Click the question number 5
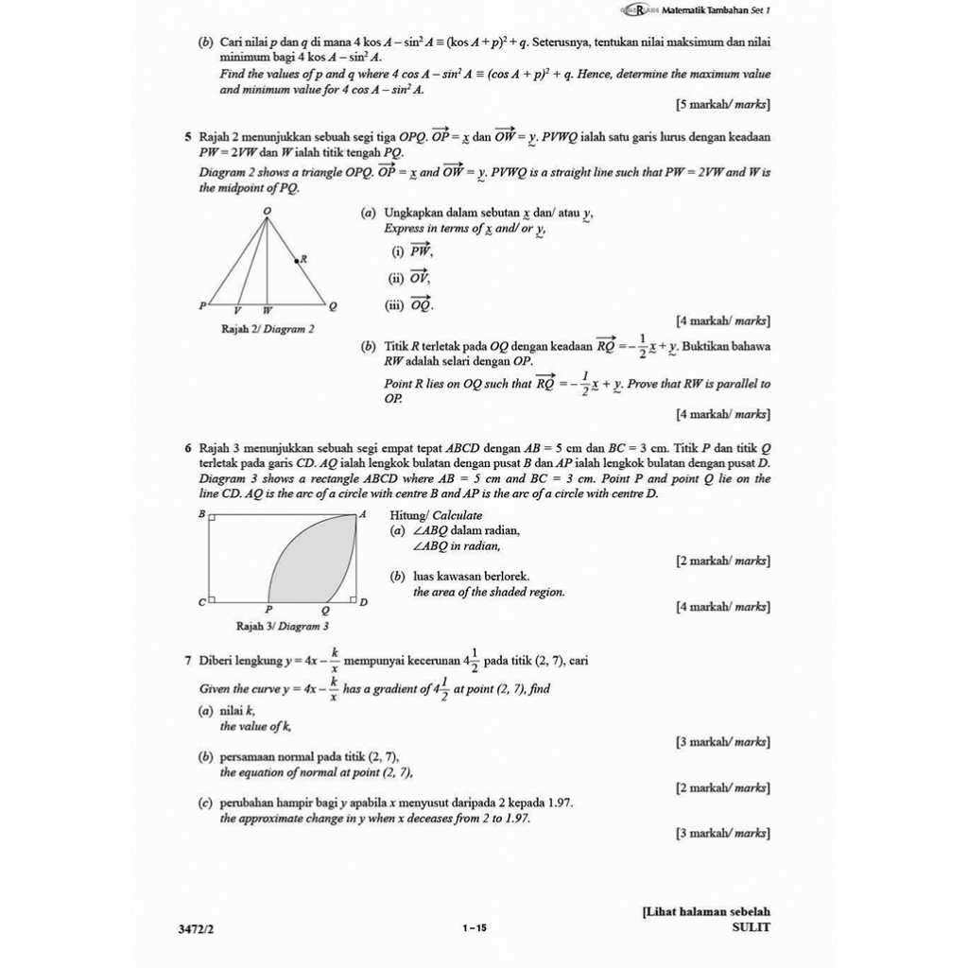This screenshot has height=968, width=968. [188, 138]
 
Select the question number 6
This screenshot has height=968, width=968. [188, 447]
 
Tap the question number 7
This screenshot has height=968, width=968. [188, 661]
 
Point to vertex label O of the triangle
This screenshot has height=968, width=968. [266, 210]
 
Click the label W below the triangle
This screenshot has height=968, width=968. [267, 310]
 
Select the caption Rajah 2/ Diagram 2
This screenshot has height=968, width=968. [268, 330]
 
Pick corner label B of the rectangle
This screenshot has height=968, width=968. [199, 513]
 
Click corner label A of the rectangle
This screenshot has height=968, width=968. [362, 513]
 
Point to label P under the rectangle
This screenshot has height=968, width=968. [268, 611]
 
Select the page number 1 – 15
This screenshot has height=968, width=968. [475, 928]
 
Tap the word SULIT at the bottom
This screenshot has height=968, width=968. [751, 927]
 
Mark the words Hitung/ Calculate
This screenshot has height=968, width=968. [436, 515]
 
